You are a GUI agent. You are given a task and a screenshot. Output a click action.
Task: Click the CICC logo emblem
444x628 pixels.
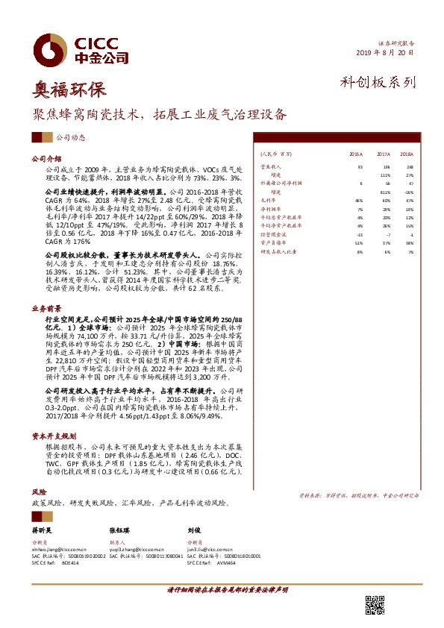[51, 47]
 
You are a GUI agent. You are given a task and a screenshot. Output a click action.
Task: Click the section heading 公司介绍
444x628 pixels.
[44, 159]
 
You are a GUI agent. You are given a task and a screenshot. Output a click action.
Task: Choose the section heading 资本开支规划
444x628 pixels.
[49, 435]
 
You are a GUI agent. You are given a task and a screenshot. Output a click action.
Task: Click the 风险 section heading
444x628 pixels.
[37, 493]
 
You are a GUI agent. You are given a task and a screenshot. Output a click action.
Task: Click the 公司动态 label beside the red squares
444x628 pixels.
[70, 138]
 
